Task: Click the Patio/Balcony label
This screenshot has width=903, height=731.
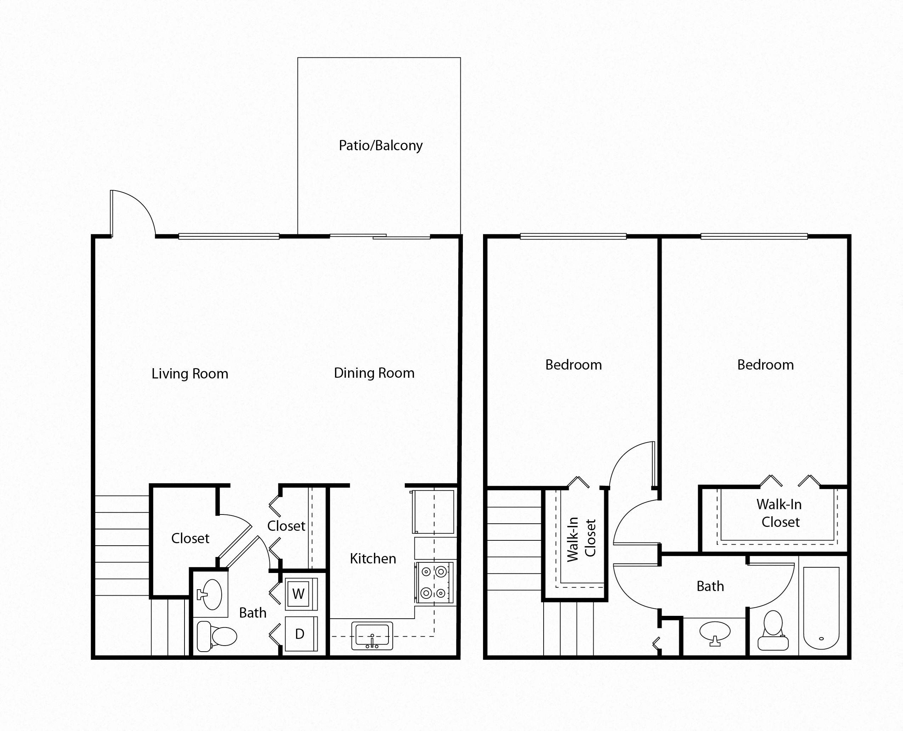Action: point(380,146)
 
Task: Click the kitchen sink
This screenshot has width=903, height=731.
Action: point(372,635)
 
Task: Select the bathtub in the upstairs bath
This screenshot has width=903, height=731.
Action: point(821,608)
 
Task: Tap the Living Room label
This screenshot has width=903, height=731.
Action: point(190,374)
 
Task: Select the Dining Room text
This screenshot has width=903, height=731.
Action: point(374,373)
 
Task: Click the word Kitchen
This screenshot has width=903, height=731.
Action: point(373,559)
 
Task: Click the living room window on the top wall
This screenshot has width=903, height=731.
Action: point(229,237)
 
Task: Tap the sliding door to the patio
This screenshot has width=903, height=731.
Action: point(380,237)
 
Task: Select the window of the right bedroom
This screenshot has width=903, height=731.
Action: point(754,237)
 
